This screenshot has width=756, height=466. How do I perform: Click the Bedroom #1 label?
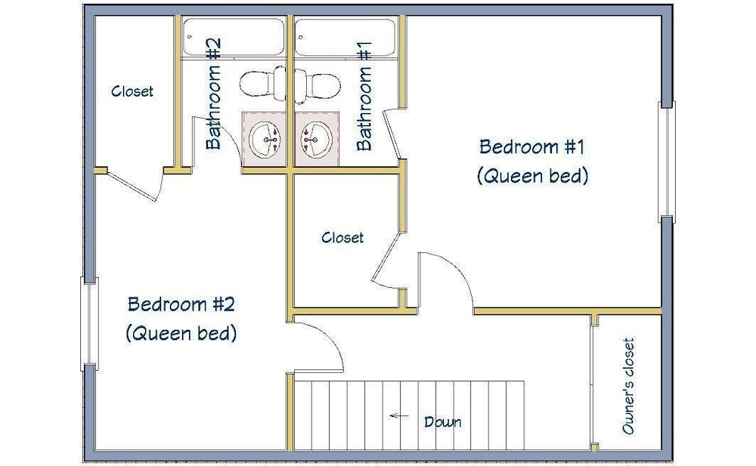531,147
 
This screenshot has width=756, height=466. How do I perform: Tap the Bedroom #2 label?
181,304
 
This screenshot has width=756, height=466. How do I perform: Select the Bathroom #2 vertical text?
213,94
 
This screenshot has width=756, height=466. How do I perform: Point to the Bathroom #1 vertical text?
364,96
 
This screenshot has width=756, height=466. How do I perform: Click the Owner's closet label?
627,386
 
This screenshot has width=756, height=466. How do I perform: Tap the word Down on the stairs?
442,421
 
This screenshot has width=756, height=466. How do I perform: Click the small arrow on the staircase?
398,415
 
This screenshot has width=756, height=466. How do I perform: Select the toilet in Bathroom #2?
263,83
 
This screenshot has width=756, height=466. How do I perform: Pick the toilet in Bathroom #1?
318,85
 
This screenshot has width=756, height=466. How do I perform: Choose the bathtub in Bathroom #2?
234,36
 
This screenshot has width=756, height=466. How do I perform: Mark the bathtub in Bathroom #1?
345,37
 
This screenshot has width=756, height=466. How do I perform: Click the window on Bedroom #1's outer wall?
667,162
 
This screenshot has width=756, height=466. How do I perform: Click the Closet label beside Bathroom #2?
132,91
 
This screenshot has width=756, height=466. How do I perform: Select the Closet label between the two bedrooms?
342,237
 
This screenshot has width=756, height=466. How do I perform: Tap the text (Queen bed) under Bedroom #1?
532,176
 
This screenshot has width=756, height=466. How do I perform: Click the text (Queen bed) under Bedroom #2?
181,333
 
